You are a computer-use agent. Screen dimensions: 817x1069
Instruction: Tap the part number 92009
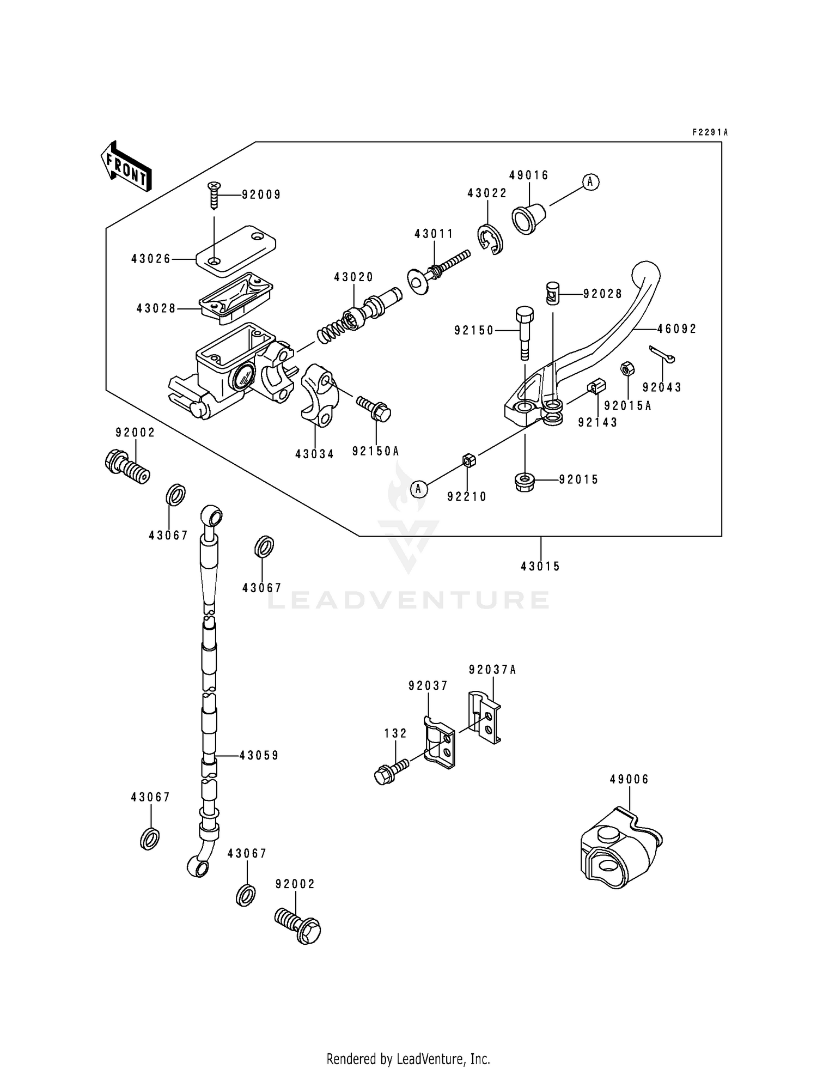pos(261,195)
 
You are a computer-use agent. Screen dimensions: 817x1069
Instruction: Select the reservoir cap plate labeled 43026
pos(235,248)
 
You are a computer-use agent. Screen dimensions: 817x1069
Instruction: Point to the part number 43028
pos(156,309)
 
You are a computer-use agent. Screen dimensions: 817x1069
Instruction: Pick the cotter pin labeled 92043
pos(662,354)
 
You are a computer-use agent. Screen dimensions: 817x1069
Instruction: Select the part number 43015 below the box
pos(540,567)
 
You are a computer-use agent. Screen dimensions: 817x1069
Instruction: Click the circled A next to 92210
pos(418,489)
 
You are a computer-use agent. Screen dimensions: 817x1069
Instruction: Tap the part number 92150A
pos(376,451)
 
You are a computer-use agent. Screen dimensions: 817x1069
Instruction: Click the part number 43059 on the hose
pos(259,756)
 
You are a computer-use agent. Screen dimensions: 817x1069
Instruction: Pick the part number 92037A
pos(492,670)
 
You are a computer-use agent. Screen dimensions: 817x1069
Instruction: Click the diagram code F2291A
pos(710,132)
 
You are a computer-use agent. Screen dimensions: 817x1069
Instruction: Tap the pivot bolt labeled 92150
pos(525,332)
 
